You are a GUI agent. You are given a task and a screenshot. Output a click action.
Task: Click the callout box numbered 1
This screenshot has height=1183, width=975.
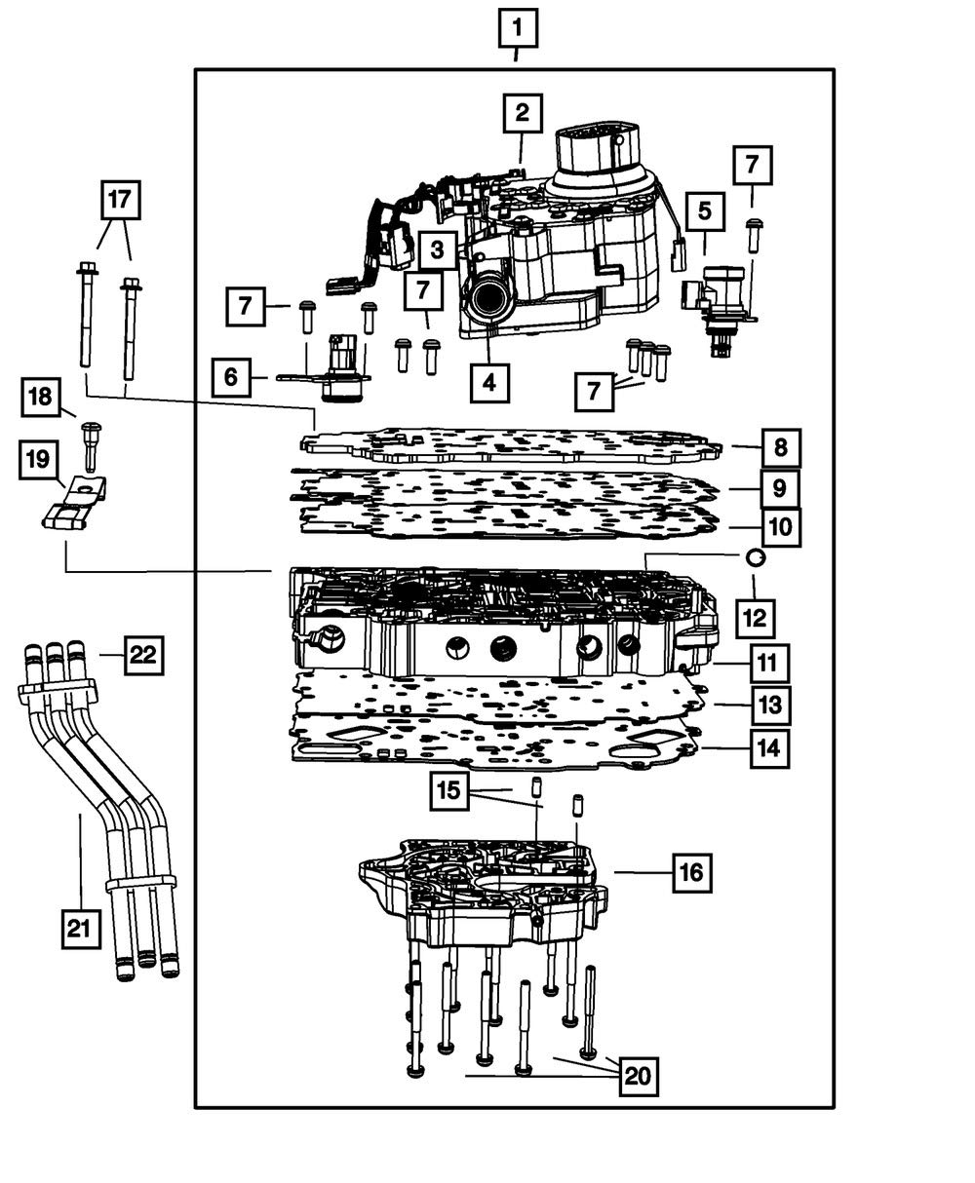tap(517, 28)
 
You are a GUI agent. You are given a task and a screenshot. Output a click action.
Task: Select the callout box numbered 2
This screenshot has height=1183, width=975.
tap(523, 113)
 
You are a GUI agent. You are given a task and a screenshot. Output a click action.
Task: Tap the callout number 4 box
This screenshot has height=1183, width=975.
tap(488, 383)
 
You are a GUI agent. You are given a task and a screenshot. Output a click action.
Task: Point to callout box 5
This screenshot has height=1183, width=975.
tap(704, 210)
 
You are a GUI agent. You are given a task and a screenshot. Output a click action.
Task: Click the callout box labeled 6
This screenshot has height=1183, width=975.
tap(232, 376)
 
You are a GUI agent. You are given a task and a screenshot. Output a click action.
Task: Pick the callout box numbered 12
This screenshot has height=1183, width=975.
tap(756, 618)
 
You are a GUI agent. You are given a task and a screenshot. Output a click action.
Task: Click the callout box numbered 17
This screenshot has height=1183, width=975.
tap(119, 201)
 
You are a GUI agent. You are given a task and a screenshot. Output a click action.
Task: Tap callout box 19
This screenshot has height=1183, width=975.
tap(38, 459)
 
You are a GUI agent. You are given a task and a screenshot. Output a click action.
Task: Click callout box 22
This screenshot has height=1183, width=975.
tap(143, 654)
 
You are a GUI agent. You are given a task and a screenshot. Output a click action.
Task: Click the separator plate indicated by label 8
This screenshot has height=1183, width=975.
tap(512, 445)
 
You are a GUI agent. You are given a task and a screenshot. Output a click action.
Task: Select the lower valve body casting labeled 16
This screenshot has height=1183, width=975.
tap(483, 887)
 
